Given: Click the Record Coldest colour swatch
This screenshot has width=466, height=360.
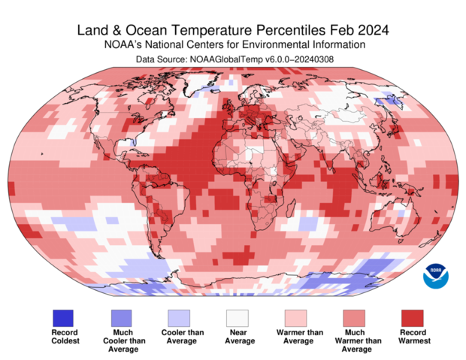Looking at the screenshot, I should pos(65,317).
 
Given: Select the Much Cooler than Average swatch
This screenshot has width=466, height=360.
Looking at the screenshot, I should pos(122,317).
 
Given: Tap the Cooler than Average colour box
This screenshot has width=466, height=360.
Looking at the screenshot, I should pos(180,317).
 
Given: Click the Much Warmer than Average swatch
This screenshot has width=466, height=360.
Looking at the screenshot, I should pos(353,317).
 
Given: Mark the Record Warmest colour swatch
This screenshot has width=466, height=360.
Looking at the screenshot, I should pos(411,317).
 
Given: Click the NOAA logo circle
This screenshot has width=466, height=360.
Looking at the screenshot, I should pos(434,275).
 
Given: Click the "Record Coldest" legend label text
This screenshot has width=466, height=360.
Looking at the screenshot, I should pos(65,337).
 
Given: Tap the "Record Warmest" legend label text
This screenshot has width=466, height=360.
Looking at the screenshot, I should pos(411,337).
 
